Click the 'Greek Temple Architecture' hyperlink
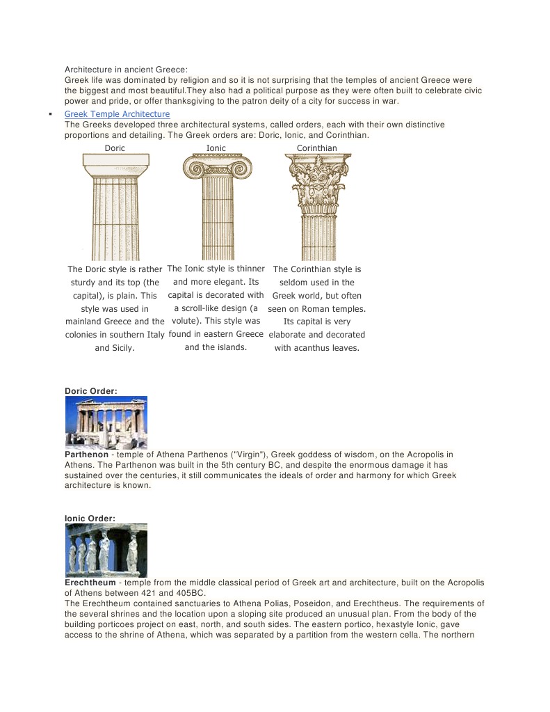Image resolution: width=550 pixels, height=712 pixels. [x=117, y=114]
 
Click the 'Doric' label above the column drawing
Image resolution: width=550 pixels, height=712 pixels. [x=115, y=148]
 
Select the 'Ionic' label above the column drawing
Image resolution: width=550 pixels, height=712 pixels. [x=216, y=148]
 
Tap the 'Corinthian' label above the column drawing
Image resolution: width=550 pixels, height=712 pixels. [x=317, y=148]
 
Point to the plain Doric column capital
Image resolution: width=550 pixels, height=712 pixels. [x=115, y=164]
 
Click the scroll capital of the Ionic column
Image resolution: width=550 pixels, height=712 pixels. [x=217, y=167]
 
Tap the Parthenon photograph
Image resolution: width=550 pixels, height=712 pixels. [x=106, y=422]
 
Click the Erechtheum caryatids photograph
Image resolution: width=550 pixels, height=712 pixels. [x=106, y=550]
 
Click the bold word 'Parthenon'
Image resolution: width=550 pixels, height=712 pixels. [x=87, y=454]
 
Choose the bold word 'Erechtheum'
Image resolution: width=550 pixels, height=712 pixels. [x=90, y=583]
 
